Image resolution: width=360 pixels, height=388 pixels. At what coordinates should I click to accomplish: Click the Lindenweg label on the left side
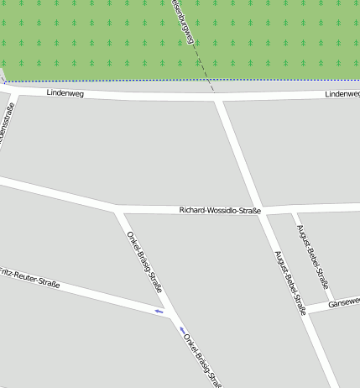66,93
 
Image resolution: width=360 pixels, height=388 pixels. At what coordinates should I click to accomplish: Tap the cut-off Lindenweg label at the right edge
342,94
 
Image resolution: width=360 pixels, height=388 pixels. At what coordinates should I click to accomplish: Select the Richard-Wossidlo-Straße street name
221,210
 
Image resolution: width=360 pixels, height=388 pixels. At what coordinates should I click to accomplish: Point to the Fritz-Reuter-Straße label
29,278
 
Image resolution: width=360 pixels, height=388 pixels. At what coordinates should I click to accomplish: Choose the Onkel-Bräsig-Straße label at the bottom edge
202,359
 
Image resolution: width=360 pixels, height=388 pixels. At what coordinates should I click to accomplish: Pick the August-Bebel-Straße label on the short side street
311,249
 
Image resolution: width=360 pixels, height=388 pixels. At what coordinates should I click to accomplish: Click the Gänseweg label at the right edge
344,302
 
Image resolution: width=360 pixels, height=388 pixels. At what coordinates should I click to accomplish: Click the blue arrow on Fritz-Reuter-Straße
159,312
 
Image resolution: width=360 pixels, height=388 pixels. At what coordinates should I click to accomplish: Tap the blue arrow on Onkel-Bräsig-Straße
182,329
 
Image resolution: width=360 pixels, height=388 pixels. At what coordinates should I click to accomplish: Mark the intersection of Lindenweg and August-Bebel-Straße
219,99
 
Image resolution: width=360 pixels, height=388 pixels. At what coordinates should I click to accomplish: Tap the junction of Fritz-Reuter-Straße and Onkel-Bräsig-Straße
172,317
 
